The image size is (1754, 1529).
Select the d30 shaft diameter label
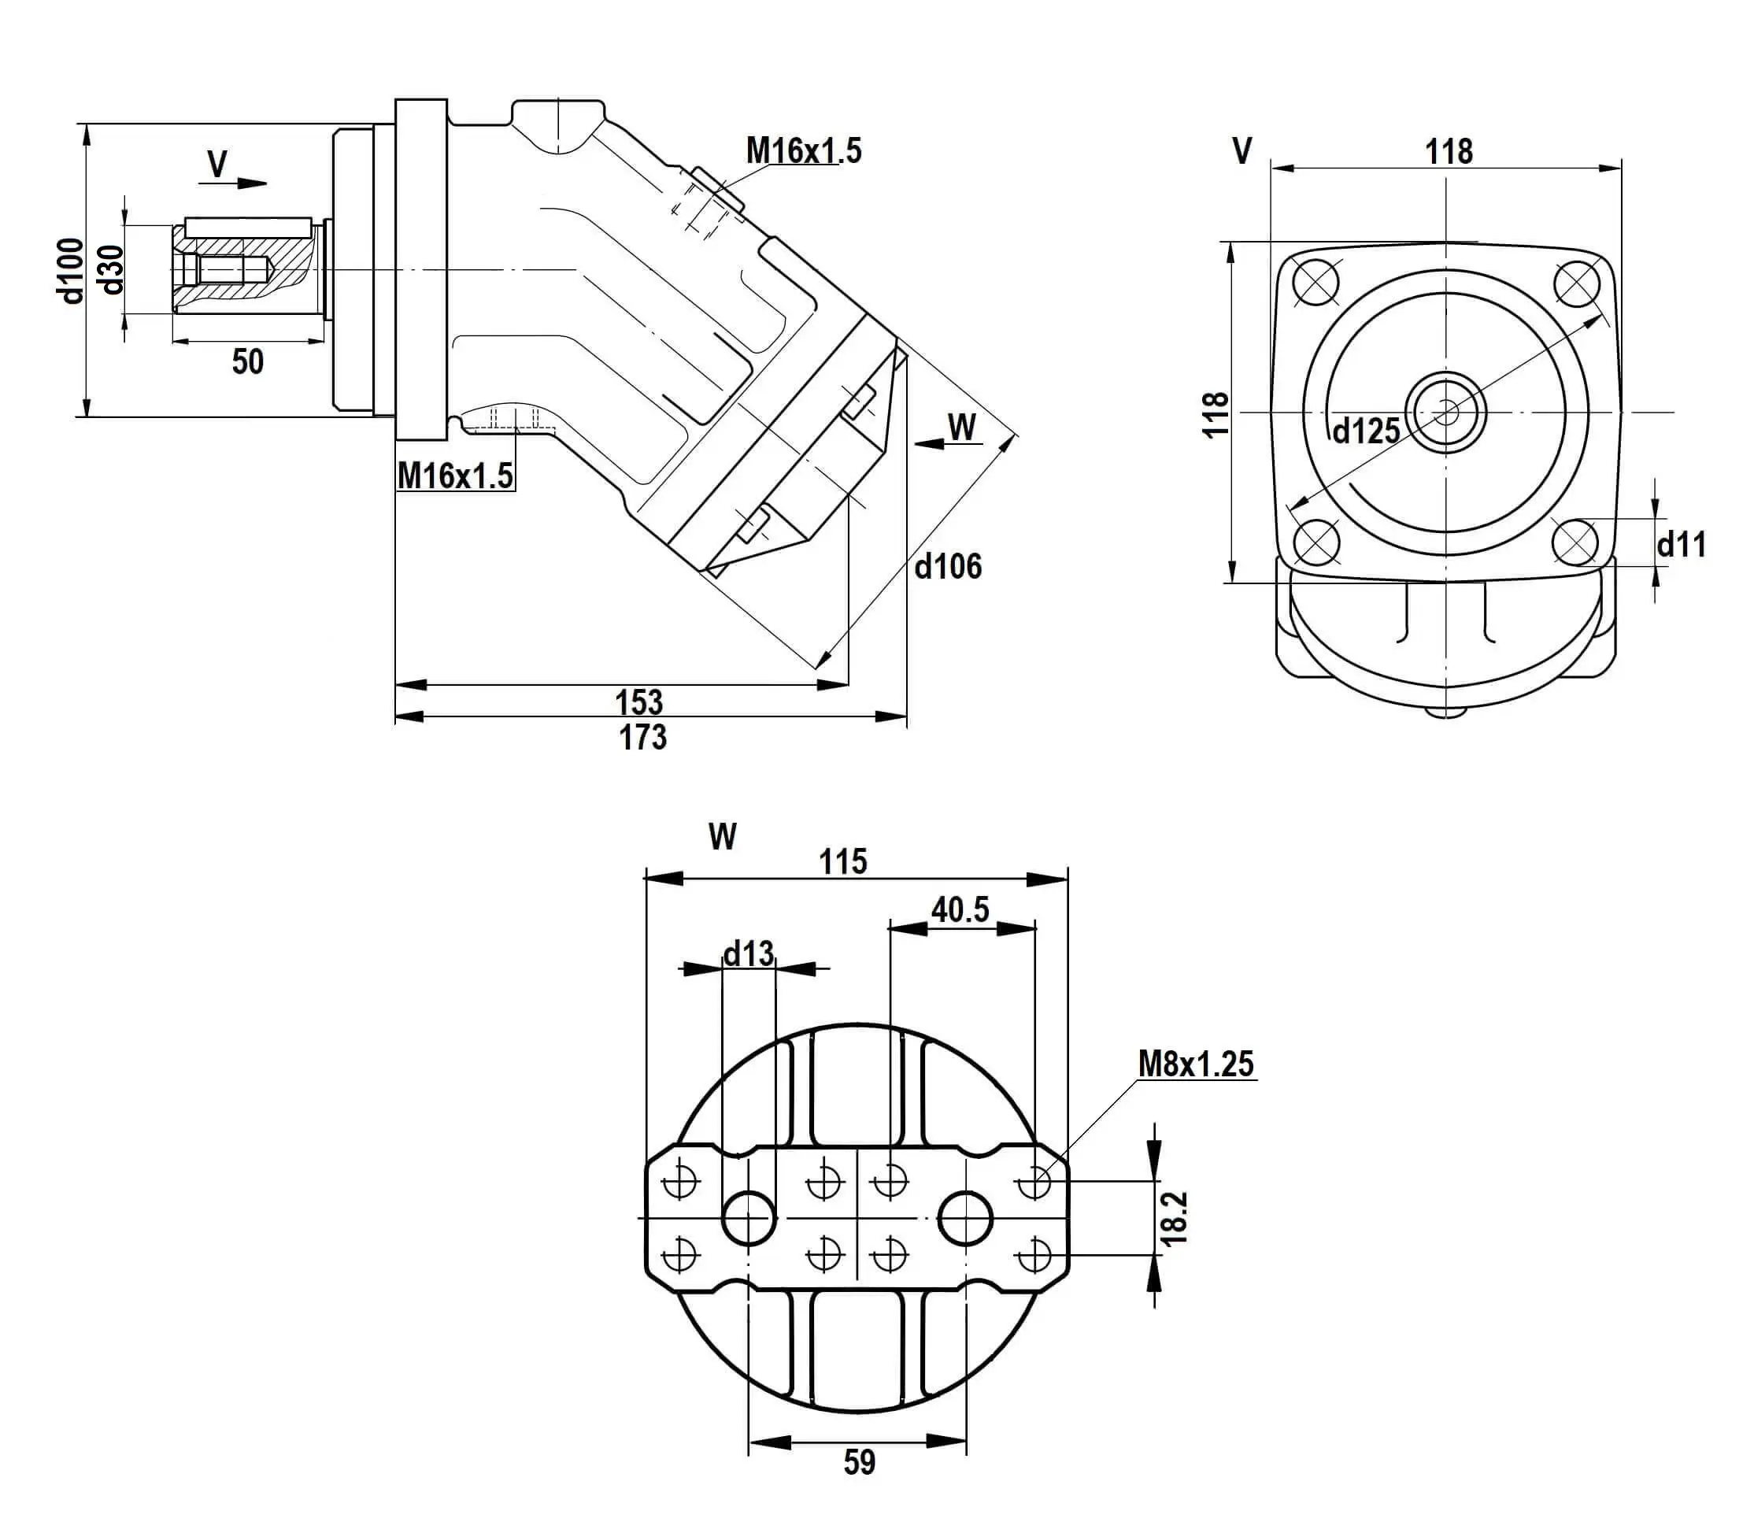tap(112, 269)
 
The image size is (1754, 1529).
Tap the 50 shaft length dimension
tap(247, 361)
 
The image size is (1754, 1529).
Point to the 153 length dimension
tap(639, 702)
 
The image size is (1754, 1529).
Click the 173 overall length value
tap(642, 736)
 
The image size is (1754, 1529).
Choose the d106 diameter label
tap(948, 565)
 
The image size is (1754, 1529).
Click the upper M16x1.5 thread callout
tap(804, 151)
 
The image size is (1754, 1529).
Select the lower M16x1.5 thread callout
tap(456, 476)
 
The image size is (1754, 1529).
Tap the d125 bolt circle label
tap(1366, 431)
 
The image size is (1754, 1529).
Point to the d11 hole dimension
tap(1681, 544)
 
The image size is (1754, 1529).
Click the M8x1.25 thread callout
tap(1196, 1064)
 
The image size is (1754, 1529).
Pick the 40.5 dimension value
tap(960, 909)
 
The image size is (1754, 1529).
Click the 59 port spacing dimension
tap(859, 1462)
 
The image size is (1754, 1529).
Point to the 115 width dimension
tap(843, 862)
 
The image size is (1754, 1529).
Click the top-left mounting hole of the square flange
tap(1315, 283)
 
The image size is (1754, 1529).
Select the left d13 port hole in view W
tap(749, 1216)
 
